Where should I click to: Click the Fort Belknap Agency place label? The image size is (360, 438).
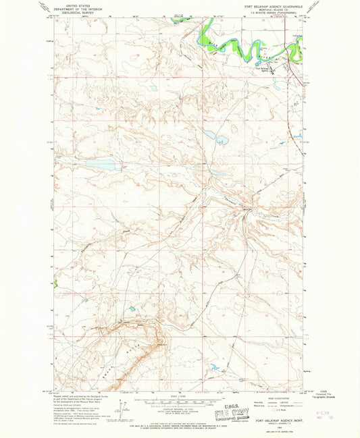point(264,68)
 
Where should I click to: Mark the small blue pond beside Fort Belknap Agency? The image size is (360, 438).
point(276,72)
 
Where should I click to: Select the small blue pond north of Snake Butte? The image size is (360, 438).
point(133,309)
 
